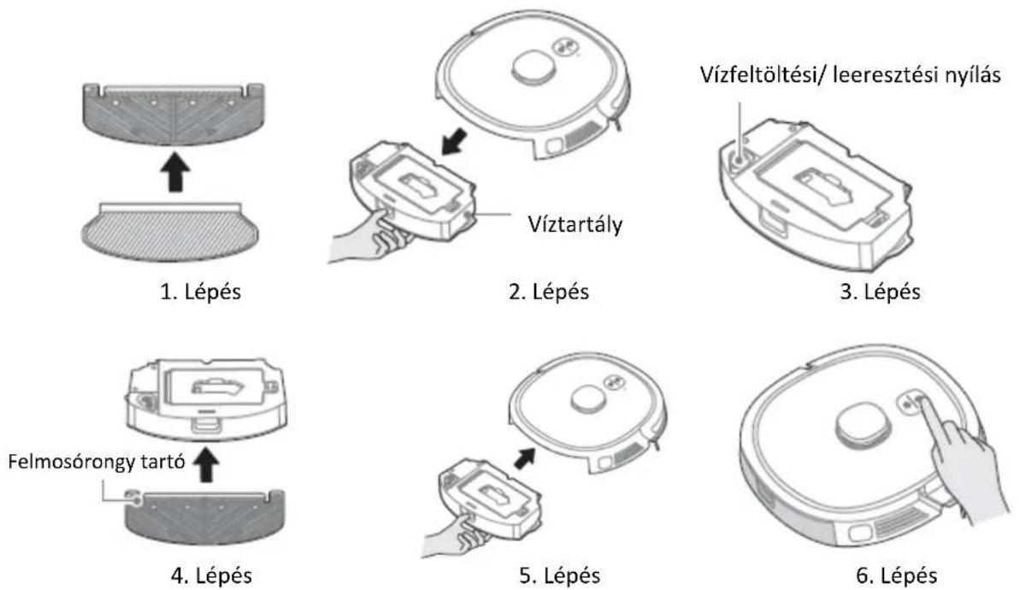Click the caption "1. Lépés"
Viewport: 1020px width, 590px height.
coord(200,291)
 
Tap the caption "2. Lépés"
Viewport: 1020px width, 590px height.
coord(548,291)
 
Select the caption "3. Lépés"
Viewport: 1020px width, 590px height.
coord(880,291)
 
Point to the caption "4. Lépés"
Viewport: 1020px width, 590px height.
coord(211,575)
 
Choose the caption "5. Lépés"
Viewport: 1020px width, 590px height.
coord(559,575)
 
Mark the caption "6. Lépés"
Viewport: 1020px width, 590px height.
coord(896,575)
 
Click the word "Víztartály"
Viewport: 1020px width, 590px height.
coord(575,224)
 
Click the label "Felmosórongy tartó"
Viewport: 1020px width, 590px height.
coord(97,462)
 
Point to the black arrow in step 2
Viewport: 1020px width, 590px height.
coord(455,140)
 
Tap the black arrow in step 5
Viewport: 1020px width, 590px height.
coord(525,457)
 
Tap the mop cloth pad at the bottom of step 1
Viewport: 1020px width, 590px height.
coord(170,230)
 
